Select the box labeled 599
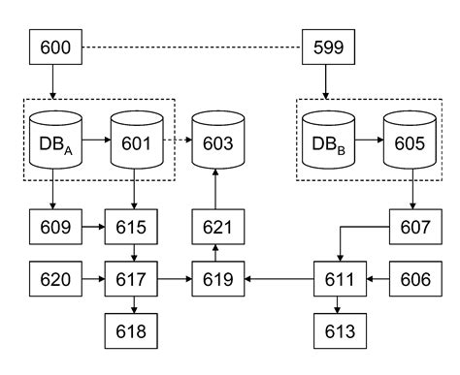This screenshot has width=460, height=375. (327, 45)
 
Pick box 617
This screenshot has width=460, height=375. (133, 280)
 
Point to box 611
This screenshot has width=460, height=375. (336, 280)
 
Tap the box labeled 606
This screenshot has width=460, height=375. (413, 280)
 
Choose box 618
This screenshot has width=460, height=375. (133, 331)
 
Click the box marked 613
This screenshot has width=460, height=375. (336, 331)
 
